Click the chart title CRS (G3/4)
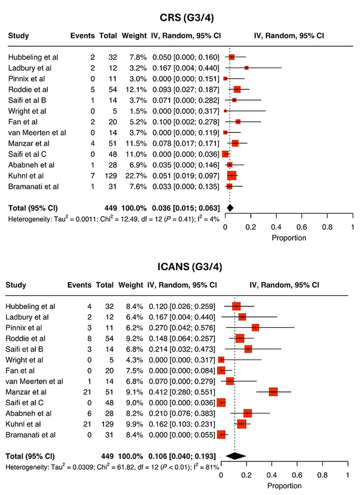(187, 18)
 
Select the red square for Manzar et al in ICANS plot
(273, 391)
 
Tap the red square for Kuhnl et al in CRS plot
(232, 176)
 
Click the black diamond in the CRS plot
(230, 208)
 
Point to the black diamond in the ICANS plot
(235, 456)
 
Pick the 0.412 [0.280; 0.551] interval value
(183, 391)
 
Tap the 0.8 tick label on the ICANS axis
(322, 475)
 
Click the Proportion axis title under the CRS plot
(289, 238)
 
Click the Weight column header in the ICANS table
(130, 285)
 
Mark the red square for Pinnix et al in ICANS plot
(255, 327)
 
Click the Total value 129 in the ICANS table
(107, 424)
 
